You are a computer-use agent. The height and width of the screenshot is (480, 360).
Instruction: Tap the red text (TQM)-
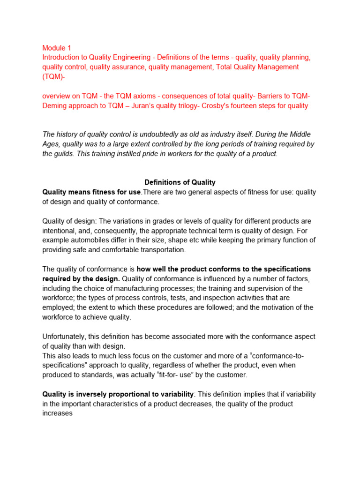pos(54,76)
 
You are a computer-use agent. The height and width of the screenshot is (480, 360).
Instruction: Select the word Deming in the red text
pos(55,105)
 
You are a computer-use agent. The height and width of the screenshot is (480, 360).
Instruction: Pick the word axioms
pos(148,96)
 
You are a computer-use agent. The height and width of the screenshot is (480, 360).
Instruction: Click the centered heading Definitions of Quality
pos(180,182)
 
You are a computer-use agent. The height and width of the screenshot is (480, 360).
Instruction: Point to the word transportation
pos(160,250)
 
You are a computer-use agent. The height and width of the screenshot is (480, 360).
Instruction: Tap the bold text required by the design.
pos(80,279)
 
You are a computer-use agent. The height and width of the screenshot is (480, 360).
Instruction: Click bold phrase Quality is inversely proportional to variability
pos(118,394)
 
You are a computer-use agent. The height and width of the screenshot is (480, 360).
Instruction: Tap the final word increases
pos(57,413)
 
